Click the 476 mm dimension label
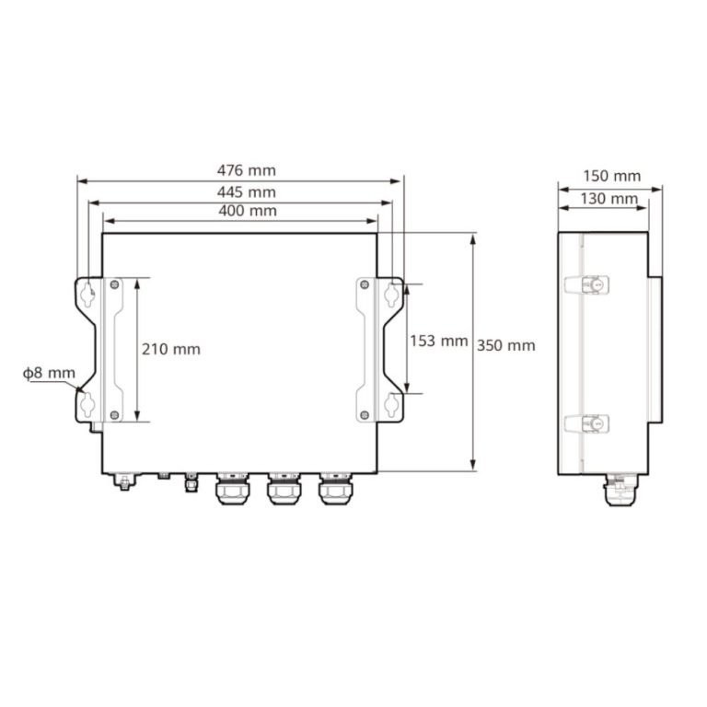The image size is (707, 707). (246, 170)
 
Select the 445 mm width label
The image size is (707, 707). (246, 192)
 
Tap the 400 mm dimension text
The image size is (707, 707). (248, 211)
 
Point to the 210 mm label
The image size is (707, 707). (171, 349)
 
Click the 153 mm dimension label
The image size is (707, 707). (439, 341)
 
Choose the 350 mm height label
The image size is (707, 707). (506, 345)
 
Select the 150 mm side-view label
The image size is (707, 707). (612, 176)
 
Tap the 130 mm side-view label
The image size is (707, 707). (608, 199)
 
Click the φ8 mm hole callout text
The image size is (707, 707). (49, 373)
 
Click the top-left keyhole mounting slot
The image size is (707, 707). (87, 293)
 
